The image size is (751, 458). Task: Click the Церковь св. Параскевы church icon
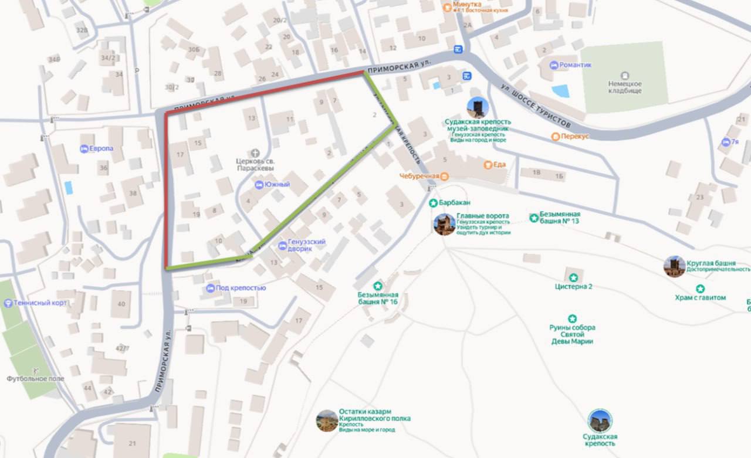[255, 152]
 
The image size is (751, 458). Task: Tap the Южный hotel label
[278, 185]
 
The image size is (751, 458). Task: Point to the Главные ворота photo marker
[444, 225]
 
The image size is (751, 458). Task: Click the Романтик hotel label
[575, 65]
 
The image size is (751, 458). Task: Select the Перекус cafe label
[574, 136]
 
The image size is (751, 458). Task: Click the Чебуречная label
[419, 176]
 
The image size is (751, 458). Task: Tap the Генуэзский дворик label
[307, 245]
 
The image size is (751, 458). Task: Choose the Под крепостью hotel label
[241, 288]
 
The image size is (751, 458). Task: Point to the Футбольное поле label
[35, 379]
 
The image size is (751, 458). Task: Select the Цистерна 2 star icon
[573, 277]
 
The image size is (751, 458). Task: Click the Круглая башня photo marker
[674, 266]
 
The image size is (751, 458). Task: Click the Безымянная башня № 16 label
[378, 298]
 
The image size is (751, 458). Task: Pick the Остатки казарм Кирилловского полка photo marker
[327, 420]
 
